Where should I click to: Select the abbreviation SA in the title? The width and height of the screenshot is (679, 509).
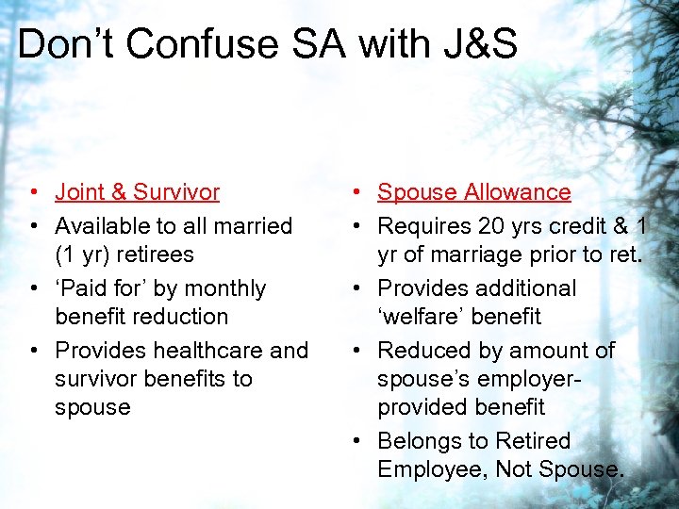click(x=328, y=44)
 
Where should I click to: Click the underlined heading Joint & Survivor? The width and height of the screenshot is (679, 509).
click(x=138, y=192)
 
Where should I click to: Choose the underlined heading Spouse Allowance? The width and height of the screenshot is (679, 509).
click(x=474, y=192)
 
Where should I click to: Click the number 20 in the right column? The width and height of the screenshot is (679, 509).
click(x=490, y=226)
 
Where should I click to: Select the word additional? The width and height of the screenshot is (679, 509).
click(x=520, y=288)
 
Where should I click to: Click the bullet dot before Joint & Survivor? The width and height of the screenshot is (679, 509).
click(x=33, y=193)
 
